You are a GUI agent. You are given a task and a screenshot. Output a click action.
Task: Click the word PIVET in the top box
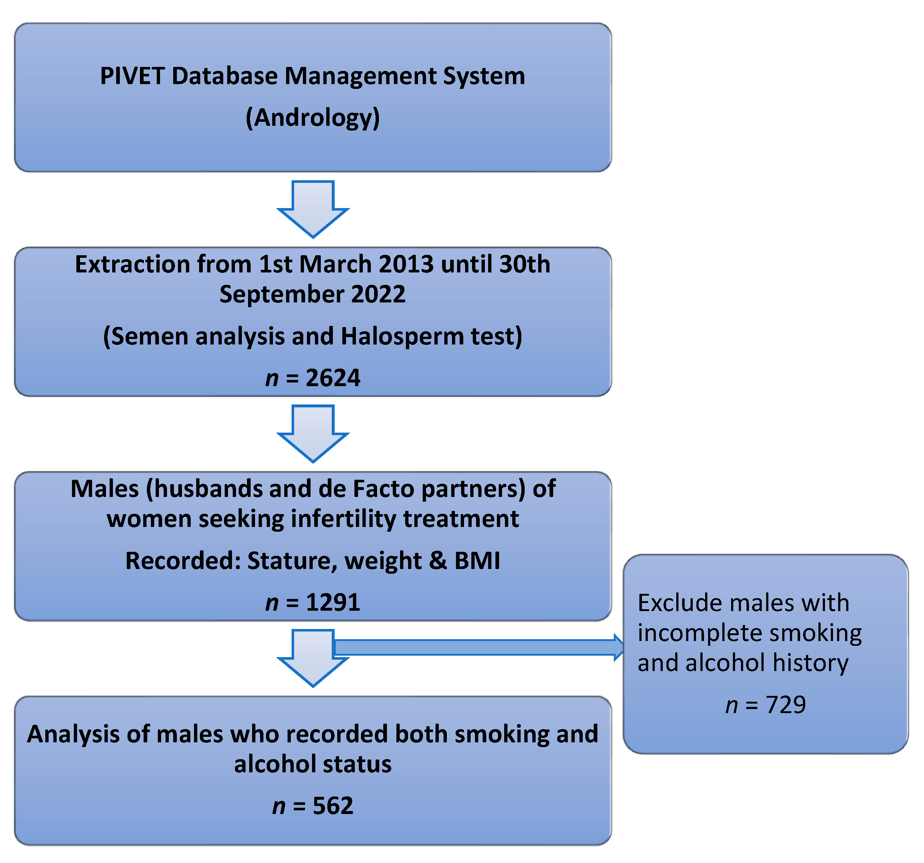[x=132, y=76]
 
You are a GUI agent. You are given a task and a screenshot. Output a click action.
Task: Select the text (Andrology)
[x=312, y=118]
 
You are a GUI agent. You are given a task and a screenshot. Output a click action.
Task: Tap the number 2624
[x=332, y=377]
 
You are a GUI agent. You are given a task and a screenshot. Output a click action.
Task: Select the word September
[x=282, y=294]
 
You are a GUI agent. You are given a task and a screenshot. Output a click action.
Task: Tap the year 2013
[x=406, y=264]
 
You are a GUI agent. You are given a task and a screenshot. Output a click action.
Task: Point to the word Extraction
[x=132, y=264]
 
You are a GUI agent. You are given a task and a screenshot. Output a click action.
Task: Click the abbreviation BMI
[x=477, y=560]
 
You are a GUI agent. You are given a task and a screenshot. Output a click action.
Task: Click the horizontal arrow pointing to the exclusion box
[x=479, y=647]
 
